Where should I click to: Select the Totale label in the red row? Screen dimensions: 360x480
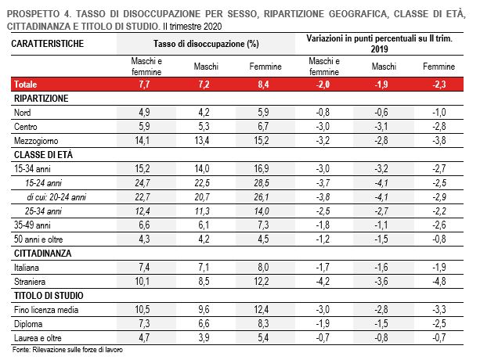26,84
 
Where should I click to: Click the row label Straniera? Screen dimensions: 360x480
31,280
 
